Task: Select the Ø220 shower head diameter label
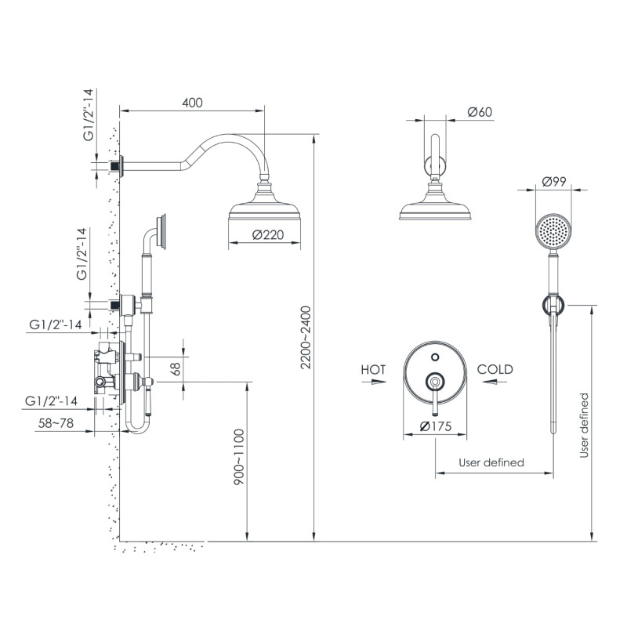265,235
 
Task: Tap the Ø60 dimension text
479,112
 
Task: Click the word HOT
374,369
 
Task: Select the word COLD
495,369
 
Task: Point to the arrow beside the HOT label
379,382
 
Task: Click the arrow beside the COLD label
491,382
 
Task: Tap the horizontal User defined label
491,462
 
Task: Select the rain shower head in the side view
265,209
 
